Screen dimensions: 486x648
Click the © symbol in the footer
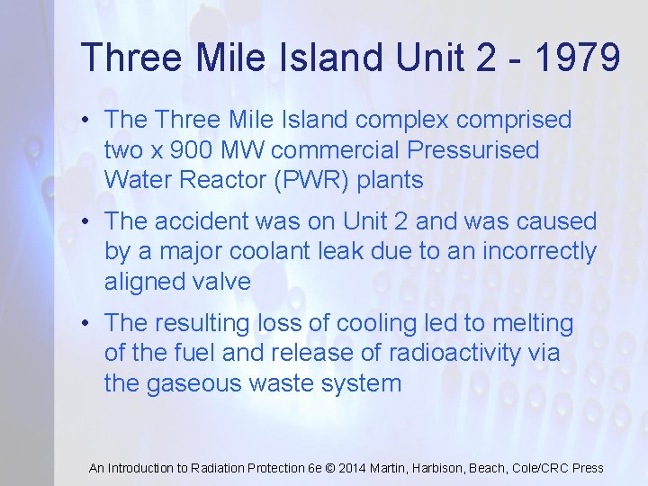[329, 468]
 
